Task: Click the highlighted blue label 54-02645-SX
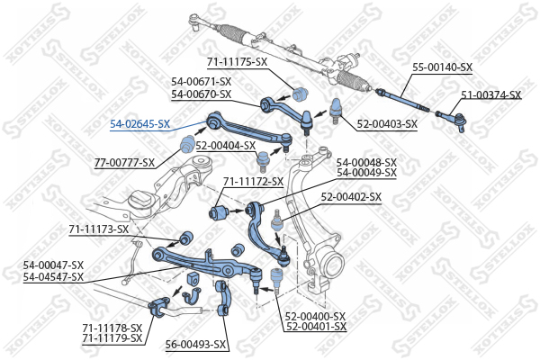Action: point(139,124)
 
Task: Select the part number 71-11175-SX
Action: point(237,62)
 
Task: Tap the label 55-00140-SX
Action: point(443,67)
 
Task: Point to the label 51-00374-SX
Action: point(491,94)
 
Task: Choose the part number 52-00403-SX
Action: point(387,124)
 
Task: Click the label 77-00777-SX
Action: point(125,163)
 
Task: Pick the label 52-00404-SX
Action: point(226,146)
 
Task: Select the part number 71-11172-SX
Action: point(253,182)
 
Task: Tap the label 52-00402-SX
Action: point(351,197)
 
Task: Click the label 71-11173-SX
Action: point(99,229)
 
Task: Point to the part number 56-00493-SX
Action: point(195,345)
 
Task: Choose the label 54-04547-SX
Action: point(53,276)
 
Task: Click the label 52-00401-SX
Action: point(316,326)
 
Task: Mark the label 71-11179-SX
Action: point(112,338)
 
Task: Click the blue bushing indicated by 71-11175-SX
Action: point(301,93)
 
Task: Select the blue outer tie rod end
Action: point(451,119)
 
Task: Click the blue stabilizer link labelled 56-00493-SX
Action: point(223,298)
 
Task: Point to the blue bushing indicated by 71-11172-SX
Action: point(219,211)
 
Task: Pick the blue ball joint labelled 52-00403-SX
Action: point(336,110)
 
